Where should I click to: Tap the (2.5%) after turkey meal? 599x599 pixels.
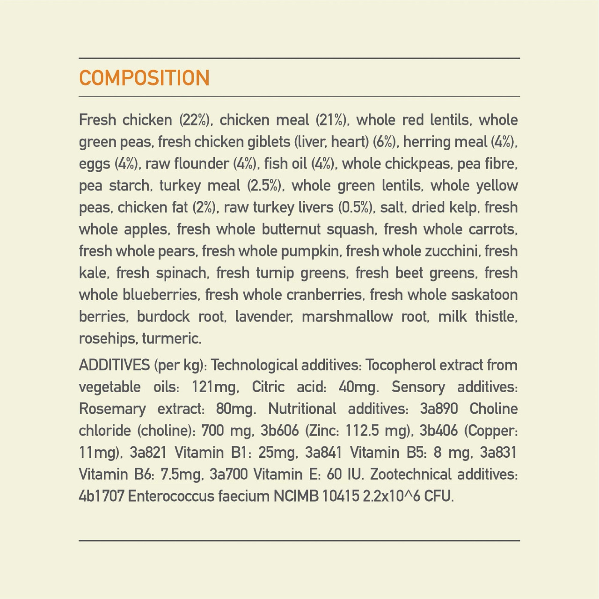tap(265, 186)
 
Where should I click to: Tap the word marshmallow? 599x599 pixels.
tap(347, 317)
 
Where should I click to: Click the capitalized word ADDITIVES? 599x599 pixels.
tap(114, 365)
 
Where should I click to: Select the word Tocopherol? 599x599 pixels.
tap(400, 365)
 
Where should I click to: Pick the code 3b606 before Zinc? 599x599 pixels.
tap(280, 431)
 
